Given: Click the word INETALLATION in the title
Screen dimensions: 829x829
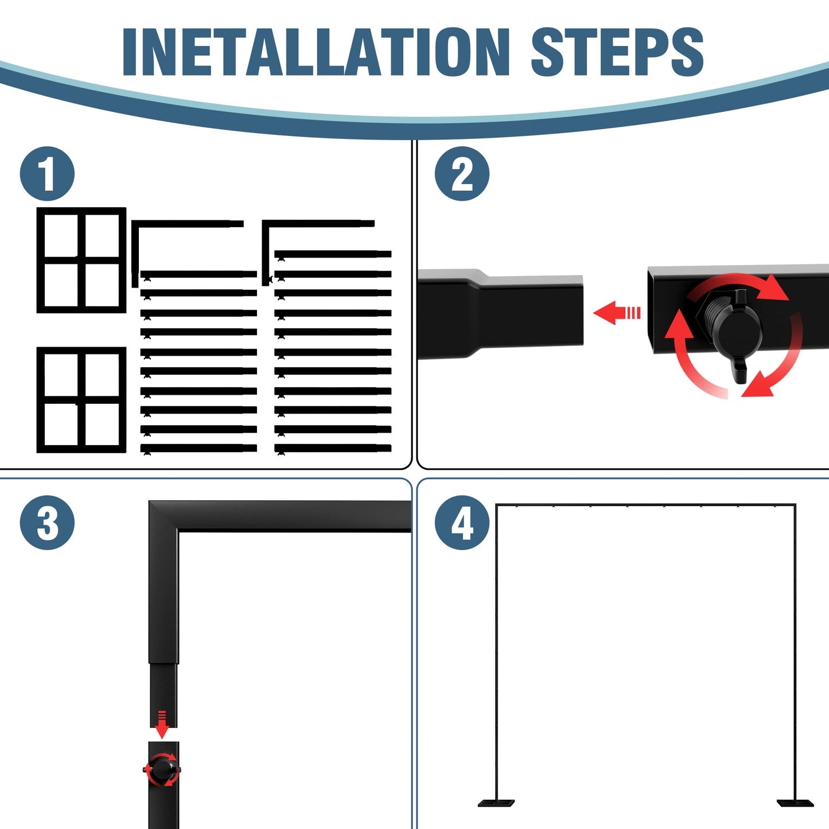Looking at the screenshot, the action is click(316, 52).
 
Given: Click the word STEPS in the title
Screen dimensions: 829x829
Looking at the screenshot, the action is click(617, 52).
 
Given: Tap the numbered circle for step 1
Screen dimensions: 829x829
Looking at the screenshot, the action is click(47, 174).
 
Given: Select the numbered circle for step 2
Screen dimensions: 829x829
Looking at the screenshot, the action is click(462, 174).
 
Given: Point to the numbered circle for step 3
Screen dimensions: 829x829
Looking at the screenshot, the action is click(47, 523).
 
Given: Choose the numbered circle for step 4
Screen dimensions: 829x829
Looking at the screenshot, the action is click(462, 523).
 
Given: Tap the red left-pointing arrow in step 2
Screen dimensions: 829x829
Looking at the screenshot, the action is click(617, 312).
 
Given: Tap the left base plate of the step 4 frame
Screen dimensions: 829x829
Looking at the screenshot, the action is click(496, 803).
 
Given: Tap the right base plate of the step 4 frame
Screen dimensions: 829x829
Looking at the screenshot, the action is click(795, 803).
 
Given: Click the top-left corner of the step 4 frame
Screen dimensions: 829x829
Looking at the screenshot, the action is click(496, 504).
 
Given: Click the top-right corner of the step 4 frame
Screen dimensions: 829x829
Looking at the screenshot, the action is click(795, 504).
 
